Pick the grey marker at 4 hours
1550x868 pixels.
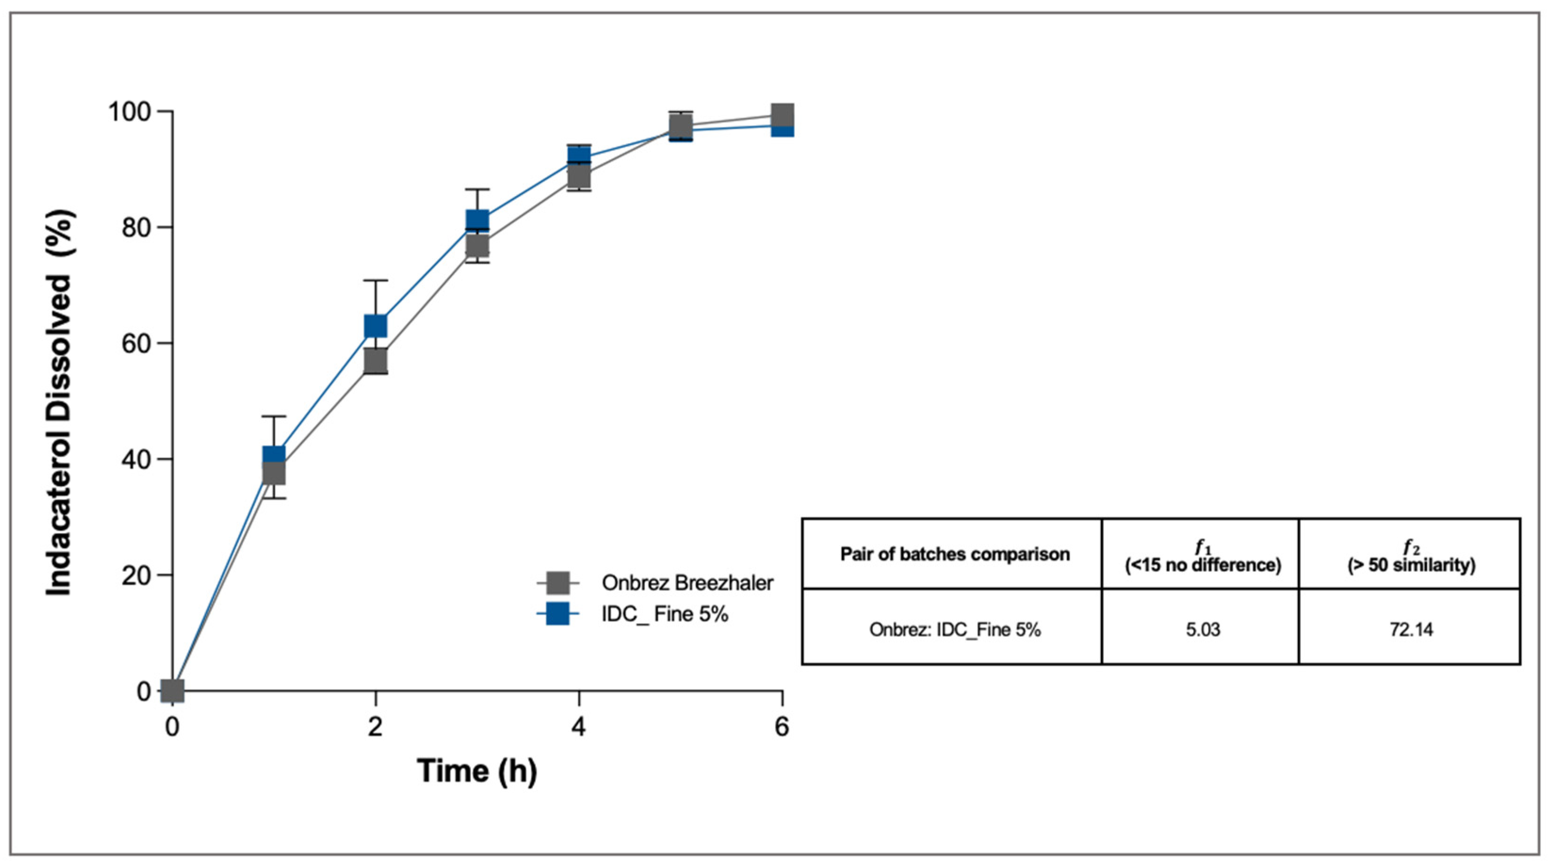tap(579, 176)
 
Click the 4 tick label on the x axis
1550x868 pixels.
tap(579, 728)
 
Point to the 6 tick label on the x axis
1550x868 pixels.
tap(782, 728)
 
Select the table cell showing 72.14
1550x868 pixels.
tap(1411, 630)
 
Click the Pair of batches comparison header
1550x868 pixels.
tap(955, 554)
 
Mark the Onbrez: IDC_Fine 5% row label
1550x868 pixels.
tap(955, 630)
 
